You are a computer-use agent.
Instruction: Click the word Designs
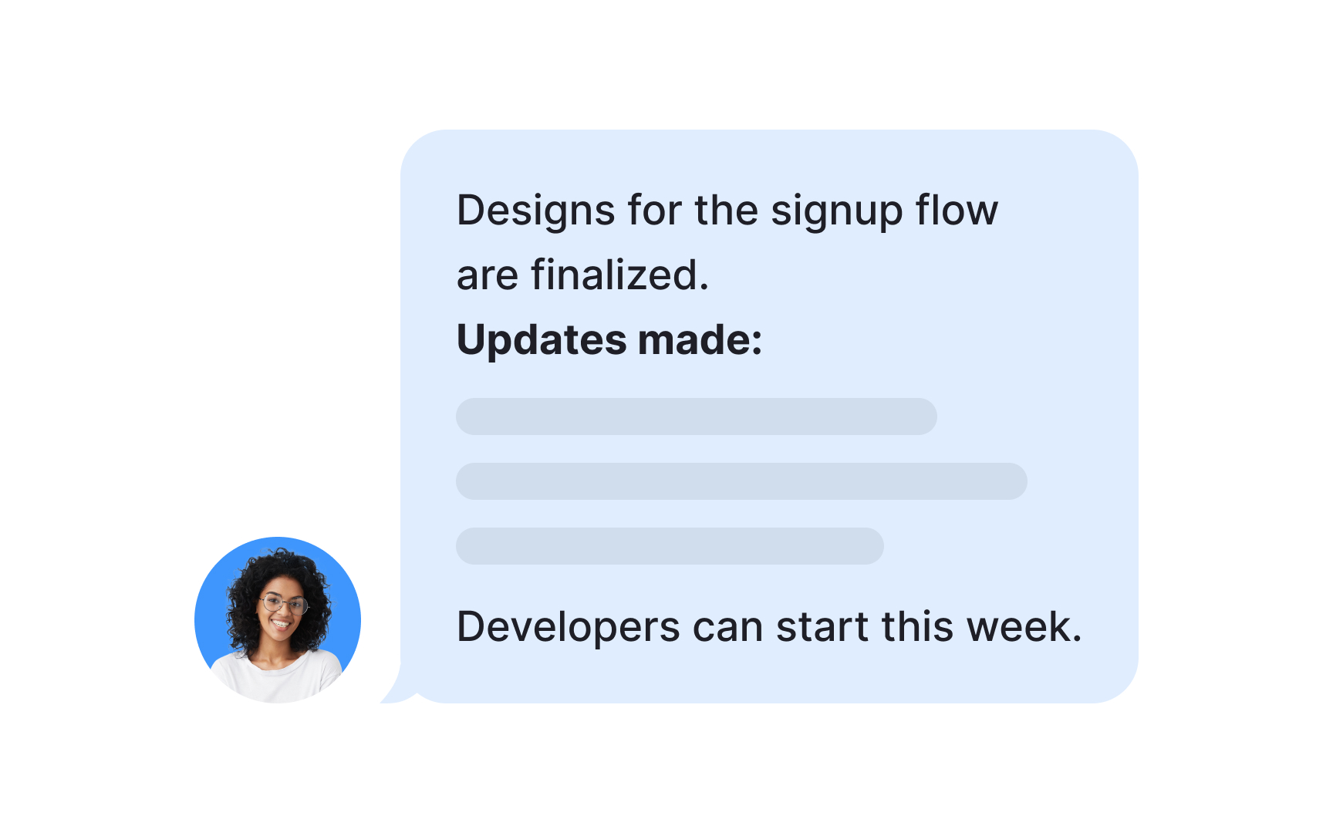coord(535,211)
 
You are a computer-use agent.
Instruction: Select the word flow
coord(957,210)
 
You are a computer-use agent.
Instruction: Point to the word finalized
coord(619,275)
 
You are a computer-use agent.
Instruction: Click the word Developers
coord(568,628)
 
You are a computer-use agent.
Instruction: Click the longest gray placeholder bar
coord(741,481)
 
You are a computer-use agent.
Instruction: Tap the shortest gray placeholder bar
coord(670,546)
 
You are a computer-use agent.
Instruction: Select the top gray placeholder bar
coord(696,416)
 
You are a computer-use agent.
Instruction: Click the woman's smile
coord(281,623)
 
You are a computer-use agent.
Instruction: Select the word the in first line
coord(726,210)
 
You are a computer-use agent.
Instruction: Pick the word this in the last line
coord(918,626)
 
